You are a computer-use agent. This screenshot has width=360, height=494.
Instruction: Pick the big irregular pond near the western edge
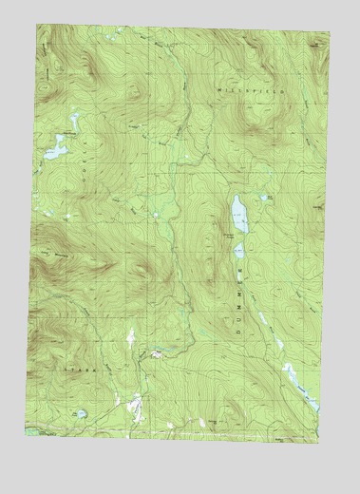point(57,148)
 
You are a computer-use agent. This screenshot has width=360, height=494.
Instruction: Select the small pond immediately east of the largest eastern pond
point(269,198)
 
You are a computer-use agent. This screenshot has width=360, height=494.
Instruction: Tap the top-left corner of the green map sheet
point(38,26)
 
